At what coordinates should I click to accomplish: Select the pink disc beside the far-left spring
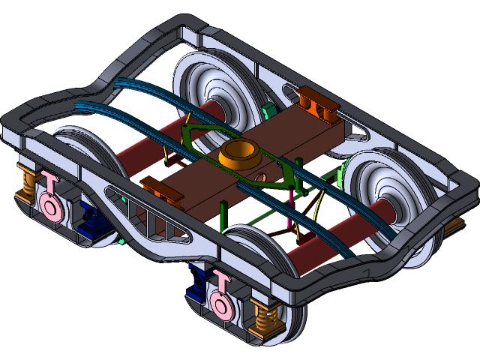coord(49,205)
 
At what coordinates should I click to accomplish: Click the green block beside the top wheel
coord(271,112)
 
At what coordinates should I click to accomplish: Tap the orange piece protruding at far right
coord(456,223)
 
